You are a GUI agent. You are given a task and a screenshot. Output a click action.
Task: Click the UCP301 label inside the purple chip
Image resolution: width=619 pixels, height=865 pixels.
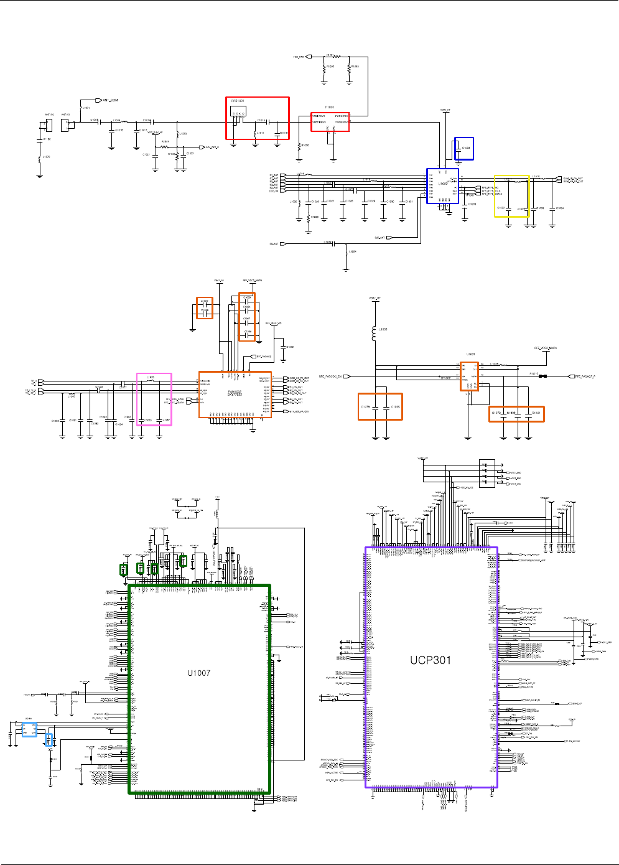point(430,660)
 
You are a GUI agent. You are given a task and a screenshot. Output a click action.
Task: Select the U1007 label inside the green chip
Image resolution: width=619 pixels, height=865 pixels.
point(199,673)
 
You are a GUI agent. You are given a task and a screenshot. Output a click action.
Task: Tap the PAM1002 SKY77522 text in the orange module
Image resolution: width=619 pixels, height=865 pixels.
point(235,393)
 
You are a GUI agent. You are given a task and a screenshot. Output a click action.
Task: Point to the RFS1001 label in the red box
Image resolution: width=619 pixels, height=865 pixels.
point(238,101)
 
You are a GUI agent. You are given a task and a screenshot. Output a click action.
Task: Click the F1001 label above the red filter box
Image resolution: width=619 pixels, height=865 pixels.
point(330,108)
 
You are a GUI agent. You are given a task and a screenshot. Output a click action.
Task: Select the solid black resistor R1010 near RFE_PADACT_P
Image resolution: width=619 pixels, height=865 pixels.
point(542,376)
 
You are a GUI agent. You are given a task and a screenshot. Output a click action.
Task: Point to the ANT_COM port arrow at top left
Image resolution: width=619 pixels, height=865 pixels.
point(98,100)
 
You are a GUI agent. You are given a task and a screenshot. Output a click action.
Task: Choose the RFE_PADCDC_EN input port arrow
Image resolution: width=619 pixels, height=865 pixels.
point(347,376)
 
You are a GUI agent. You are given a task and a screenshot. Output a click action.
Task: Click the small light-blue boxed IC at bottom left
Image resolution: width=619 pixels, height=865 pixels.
point(29,729)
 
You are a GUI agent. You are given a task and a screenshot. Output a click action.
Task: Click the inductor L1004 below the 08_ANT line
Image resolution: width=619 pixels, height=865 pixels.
point(347,251)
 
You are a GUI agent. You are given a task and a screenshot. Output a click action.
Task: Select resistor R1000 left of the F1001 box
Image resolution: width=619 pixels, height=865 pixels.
point(300,146)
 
